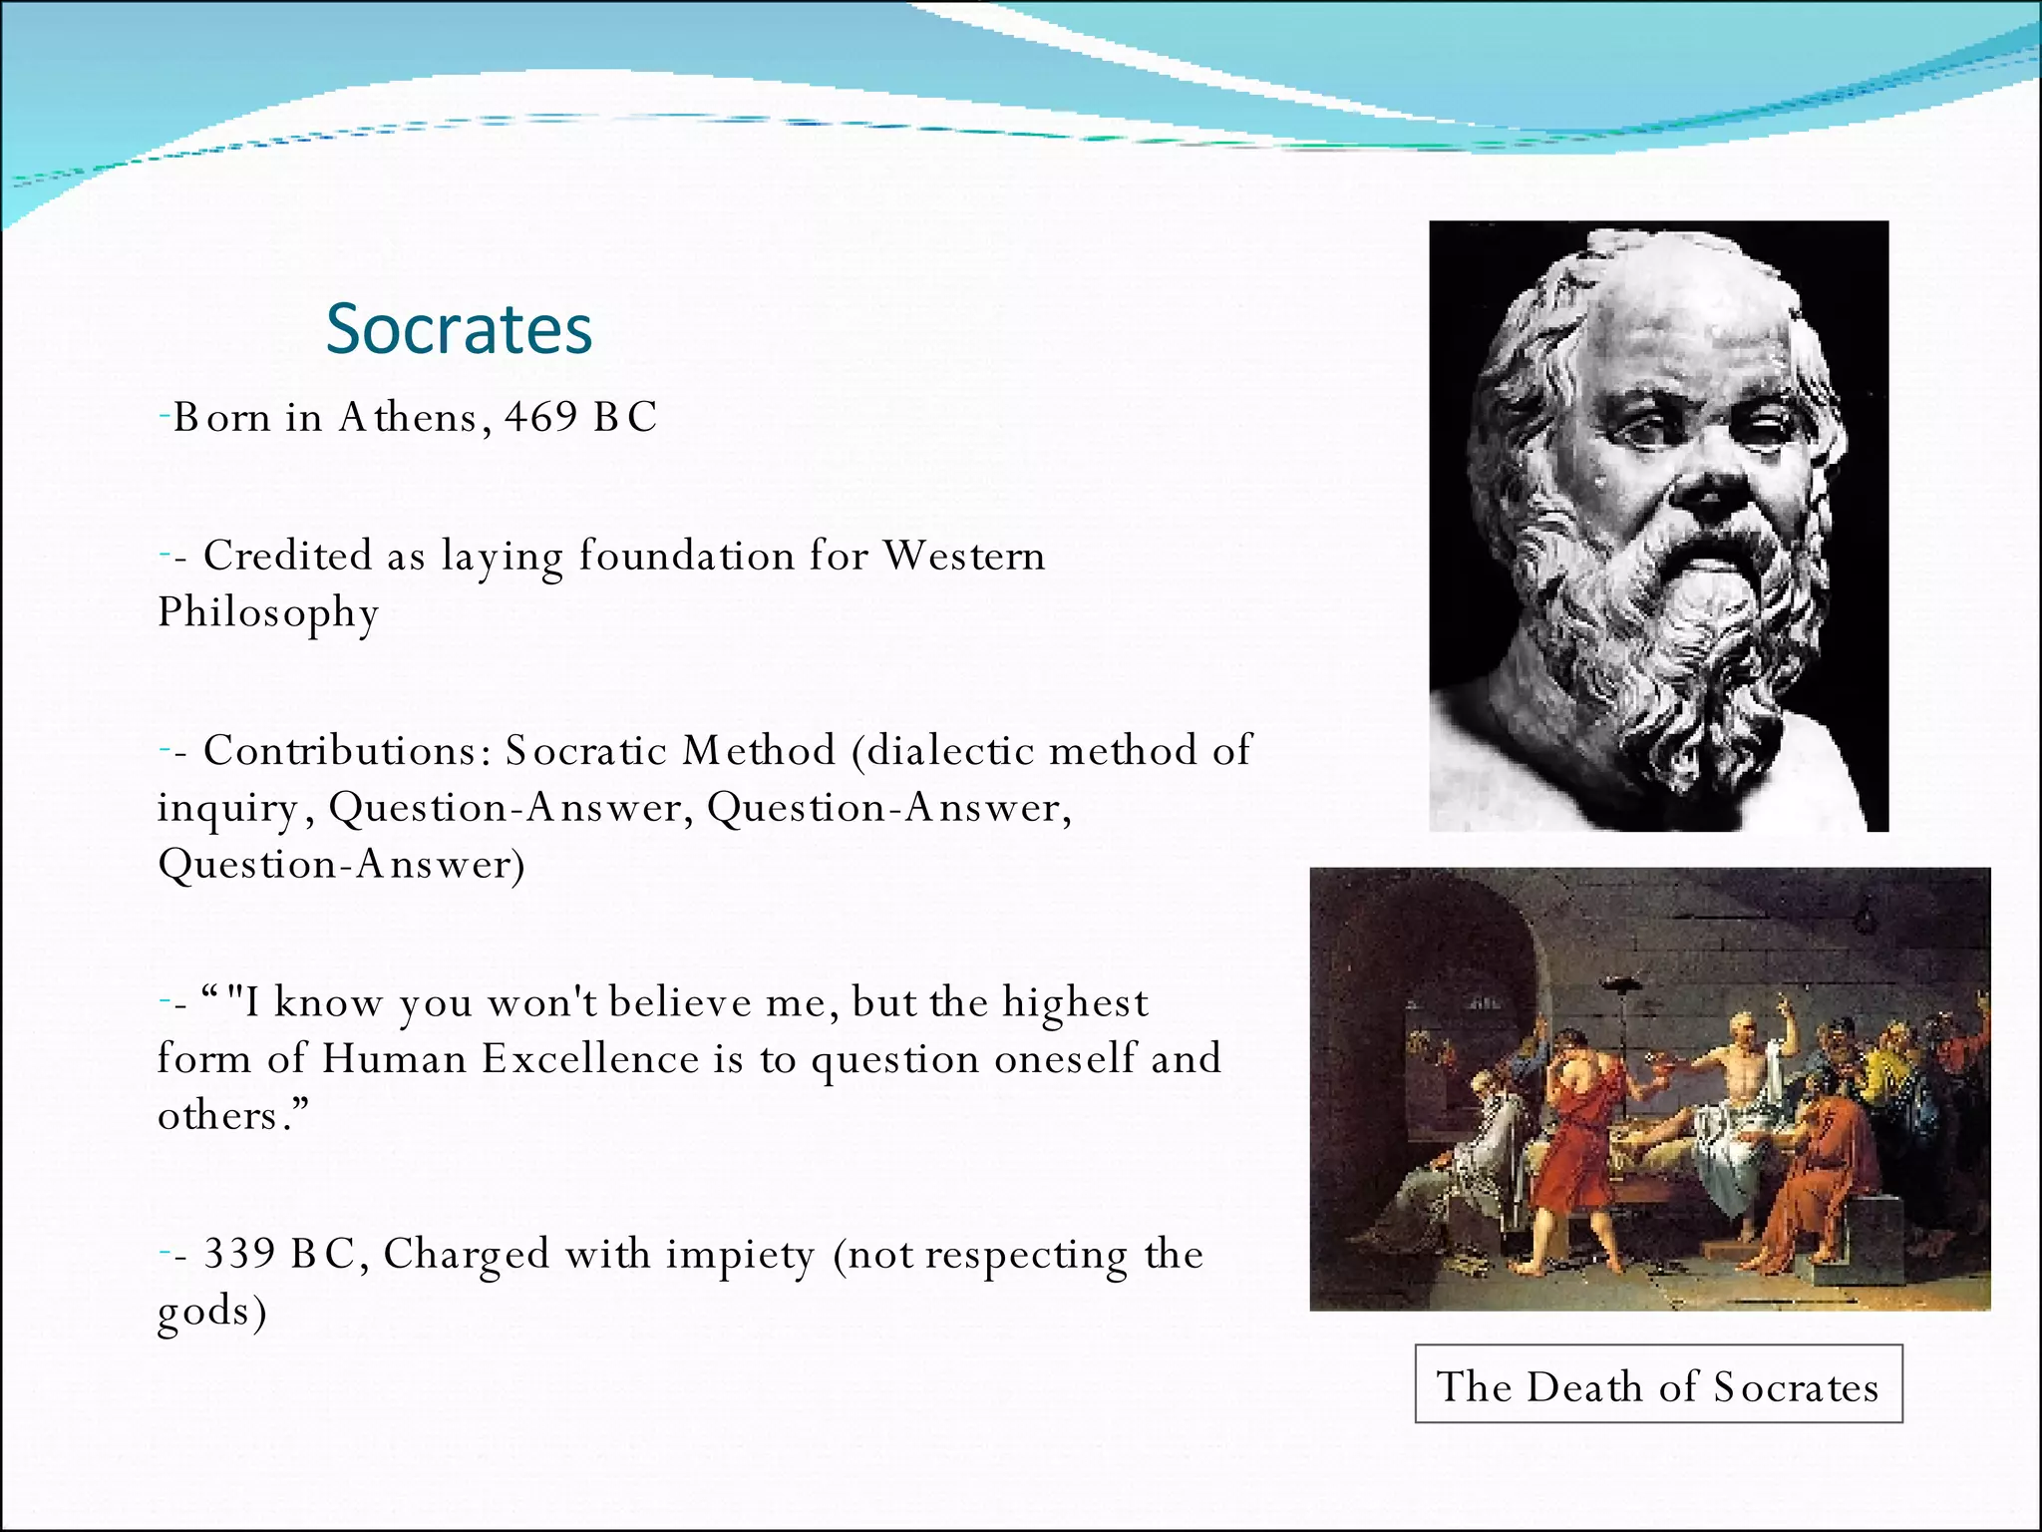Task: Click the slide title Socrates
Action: [459, 329]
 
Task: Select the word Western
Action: [963, 556]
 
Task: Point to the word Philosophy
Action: [268, 613]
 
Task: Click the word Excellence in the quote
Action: [590, 1059]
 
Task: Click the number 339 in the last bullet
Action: [239, 1254]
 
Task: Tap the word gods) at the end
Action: [212, 1312]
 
